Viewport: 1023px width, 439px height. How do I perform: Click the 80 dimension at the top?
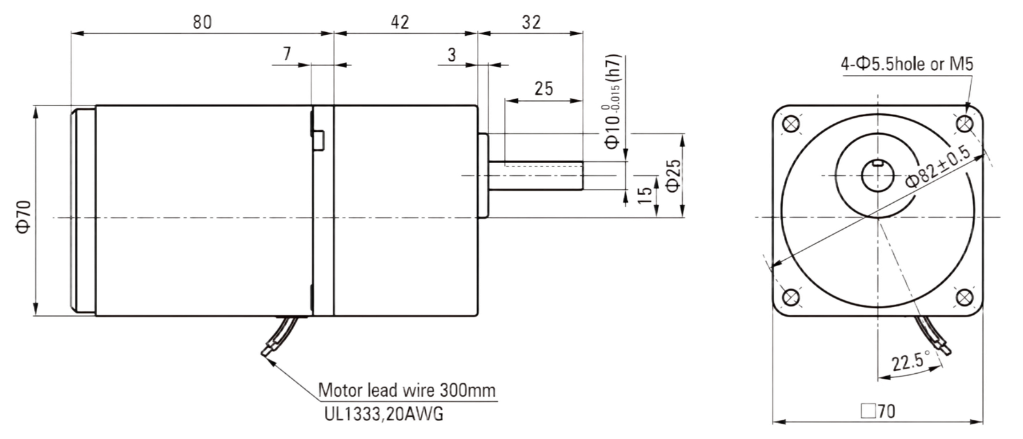(x=202, y=22)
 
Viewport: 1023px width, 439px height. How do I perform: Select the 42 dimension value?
(x=400, y=22)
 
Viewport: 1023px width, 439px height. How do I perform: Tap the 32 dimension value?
(x=531, y=22)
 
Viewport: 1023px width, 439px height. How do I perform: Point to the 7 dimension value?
(x=287, y=54)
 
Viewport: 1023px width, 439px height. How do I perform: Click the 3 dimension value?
(x=451, y=55)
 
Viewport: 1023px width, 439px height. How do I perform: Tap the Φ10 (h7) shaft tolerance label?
(x=612, y=102)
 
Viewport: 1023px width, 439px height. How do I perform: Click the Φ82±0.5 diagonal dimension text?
(x=939, y=167)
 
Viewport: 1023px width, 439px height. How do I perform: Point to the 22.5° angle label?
(x=911, y=362)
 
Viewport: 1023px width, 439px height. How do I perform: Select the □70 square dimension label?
(x=878, y=411)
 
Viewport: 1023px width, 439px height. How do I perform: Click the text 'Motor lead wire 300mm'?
(x=407, y=390)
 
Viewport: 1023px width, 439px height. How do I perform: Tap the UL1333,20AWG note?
(x=384, y=414)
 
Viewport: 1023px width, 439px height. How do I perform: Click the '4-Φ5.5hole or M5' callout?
(x=907, y=64)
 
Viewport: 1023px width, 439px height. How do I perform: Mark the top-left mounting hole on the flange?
(x=790, y=124)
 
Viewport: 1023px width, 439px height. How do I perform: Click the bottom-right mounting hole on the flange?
(x=964, y=298)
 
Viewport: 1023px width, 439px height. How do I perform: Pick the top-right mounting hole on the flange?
(x=964, y=124)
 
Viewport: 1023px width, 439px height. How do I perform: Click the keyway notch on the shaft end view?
(x=877, y=163)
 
